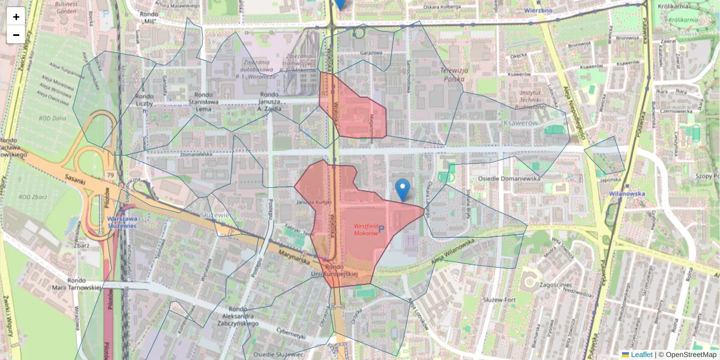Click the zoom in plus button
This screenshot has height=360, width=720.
pos(16,17)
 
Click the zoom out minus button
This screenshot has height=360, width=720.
pos(16,35)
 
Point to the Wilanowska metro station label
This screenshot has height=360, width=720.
pos(626,194)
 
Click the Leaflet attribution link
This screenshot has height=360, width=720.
pos(641,355)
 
